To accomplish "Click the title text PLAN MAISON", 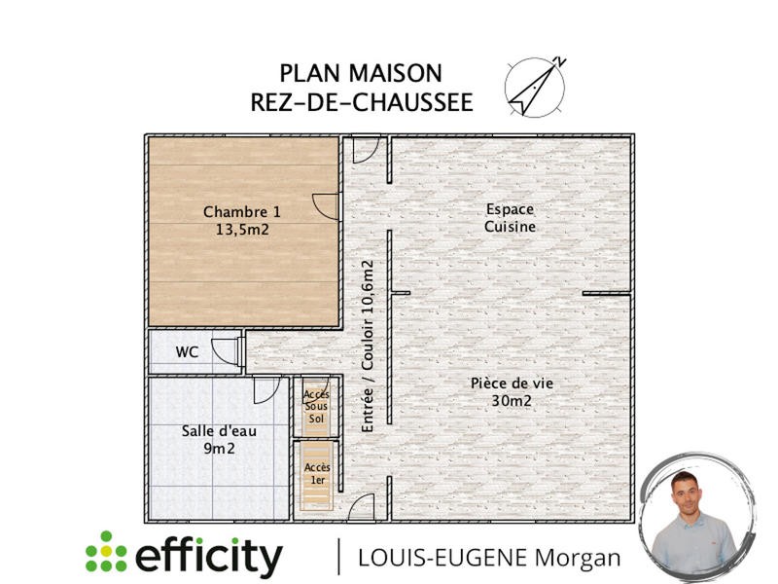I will point(361,73).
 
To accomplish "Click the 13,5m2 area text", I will point(241,231).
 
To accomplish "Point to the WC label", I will point(187,352).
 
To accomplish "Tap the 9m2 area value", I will point(218,449).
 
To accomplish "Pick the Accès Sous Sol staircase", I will point(316,405).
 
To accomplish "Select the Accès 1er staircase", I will point(316,475).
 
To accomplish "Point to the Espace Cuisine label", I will point(511,218).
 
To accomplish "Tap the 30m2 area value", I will point(511,400).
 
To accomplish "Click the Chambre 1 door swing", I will point(325,205).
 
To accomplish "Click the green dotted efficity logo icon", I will point(105,552).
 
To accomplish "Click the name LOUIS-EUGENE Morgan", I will point(489,558).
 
